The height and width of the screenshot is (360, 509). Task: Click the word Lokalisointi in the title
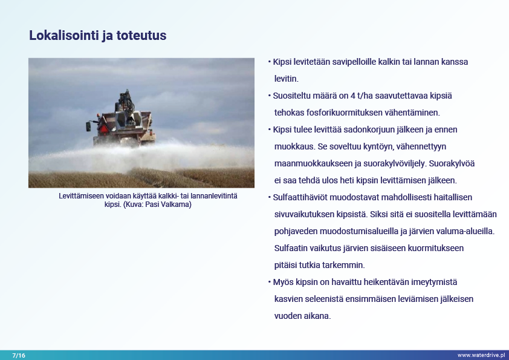[64, 36]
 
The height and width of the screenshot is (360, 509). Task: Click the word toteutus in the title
[141, 36]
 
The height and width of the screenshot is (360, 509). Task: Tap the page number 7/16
[19, 355]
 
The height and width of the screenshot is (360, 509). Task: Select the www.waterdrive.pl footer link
[481, 355]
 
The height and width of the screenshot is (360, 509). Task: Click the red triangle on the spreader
[103, 129]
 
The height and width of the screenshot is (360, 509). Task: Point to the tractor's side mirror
[88, 126]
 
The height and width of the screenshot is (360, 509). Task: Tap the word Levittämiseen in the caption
[81, 196]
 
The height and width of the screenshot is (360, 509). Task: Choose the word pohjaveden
[296, 231]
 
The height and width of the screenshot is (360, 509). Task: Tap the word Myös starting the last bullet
[282, 282]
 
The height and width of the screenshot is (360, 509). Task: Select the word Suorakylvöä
[452, 163]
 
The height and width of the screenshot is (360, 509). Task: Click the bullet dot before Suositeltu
[270, 96]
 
